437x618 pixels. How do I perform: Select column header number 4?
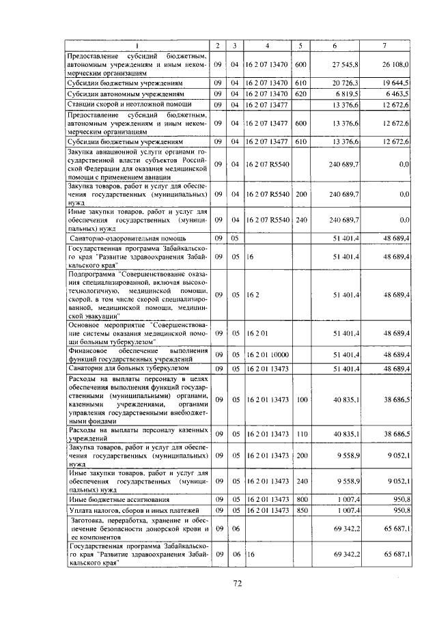tap(267, 45)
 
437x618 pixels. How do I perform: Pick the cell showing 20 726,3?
tap(335, 82)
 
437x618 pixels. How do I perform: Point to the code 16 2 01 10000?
tap(267, 356)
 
